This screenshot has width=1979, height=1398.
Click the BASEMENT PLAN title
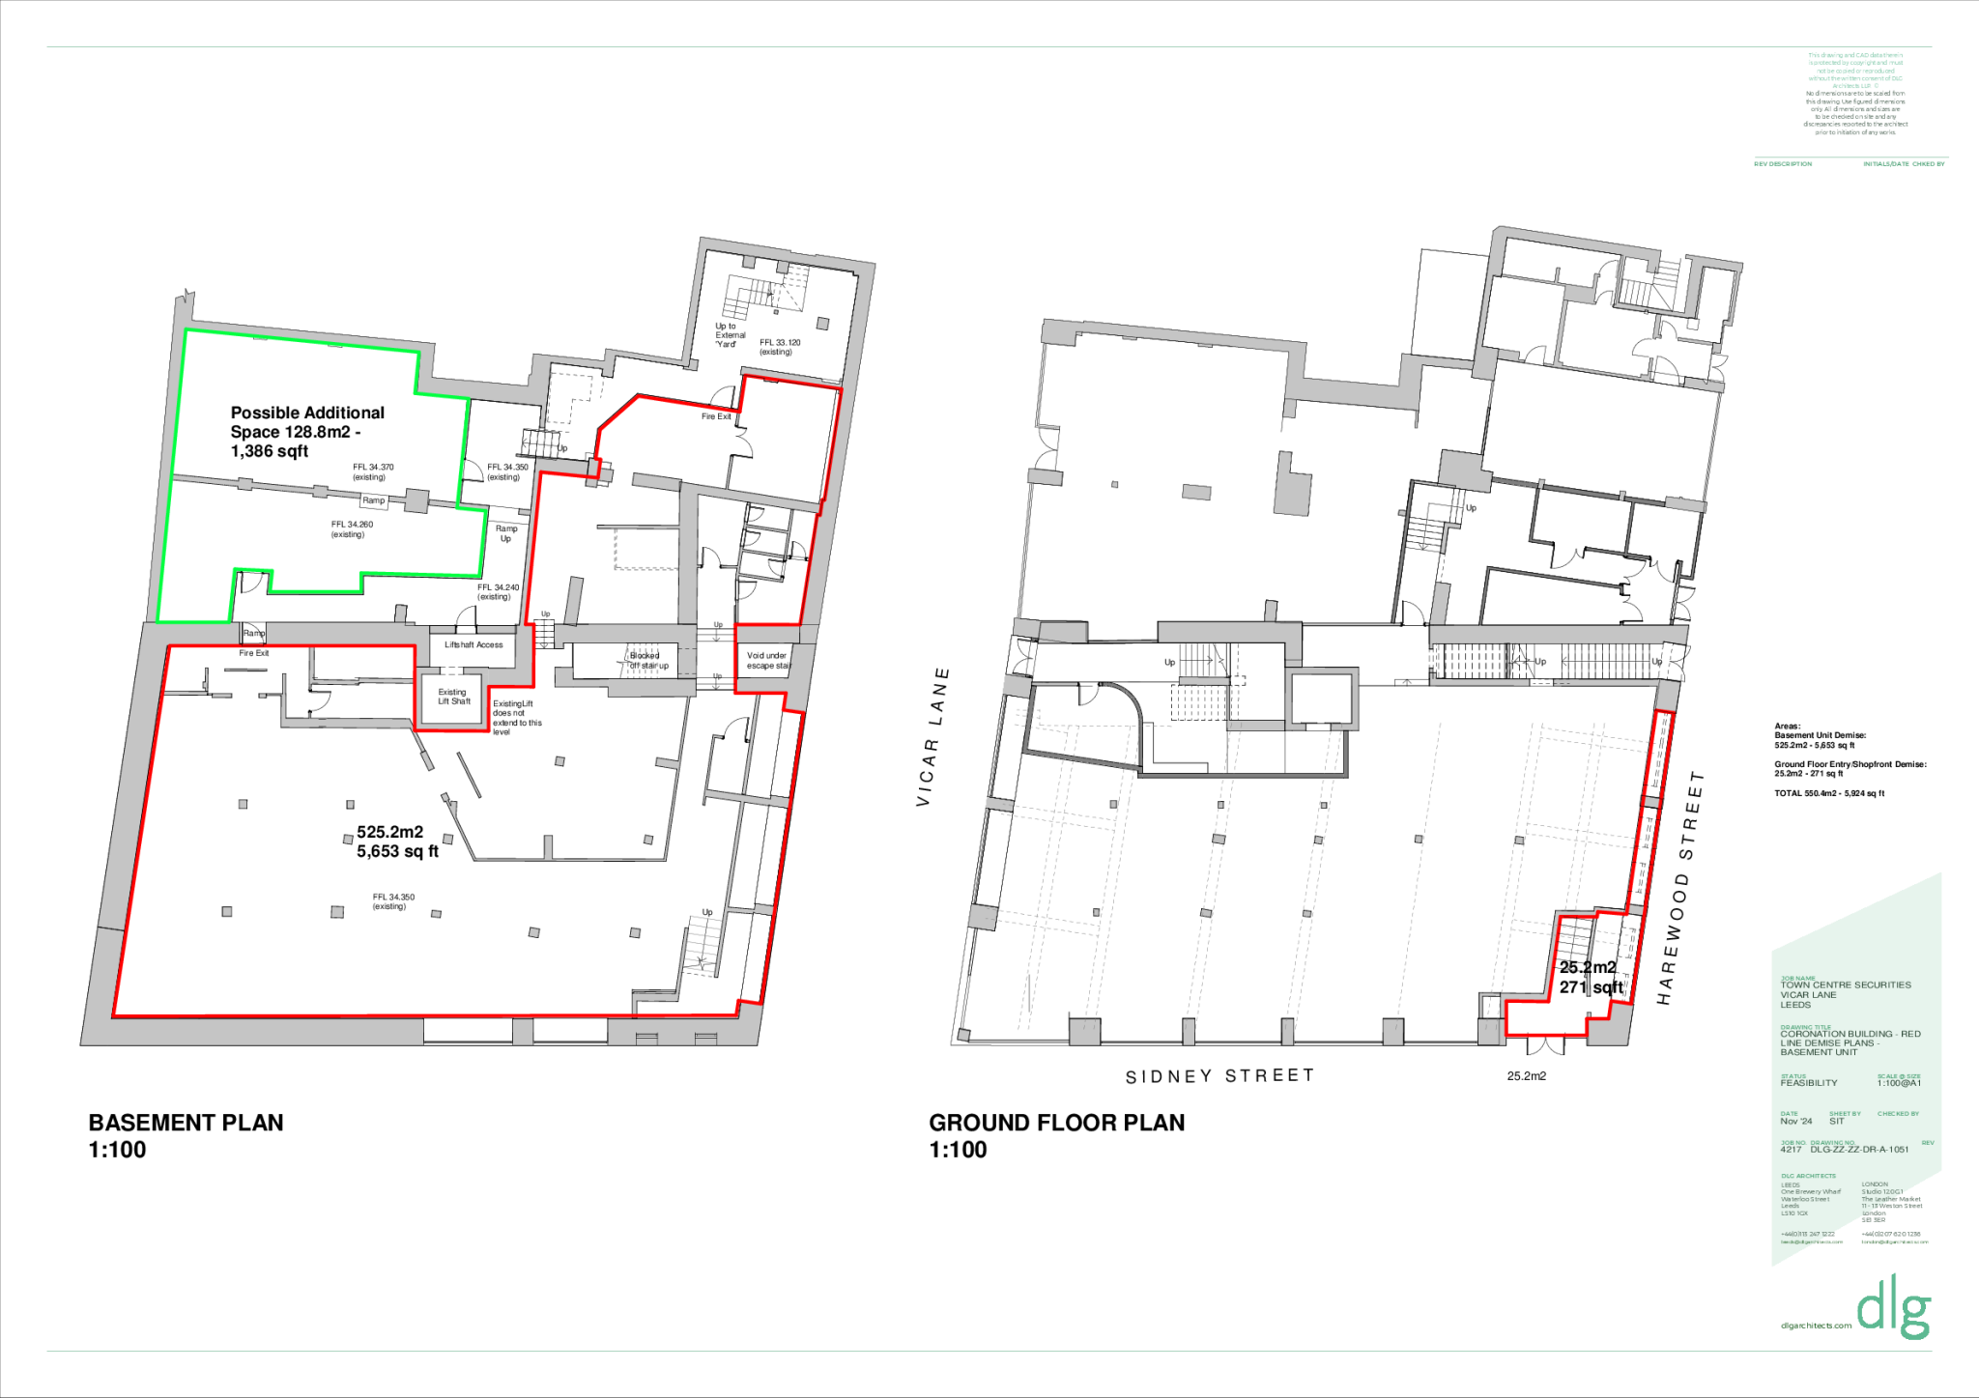[186, 1124]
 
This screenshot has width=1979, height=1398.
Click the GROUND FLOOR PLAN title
[1056, 1124]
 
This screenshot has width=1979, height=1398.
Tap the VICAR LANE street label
[932, 737]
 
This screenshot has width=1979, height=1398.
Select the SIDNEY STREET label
[1219, 1076]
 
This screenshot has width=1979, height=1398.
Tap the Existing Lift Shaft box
[453, 697]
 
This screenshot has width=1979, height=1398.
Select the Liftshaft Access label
[473, 644]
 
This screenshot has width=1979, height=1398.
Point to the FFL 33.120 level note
[779, 347]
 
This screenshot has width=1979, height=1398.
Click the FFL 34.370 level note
[372, 471]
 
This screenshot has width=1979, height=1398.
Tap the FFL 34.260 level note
[351, 529]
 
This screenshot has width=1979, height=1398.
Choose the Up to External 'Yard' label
[730, 335]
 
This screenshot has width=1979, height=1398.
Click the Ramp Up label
[506, 533]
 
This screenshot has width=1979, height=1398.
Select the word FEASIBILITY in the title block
[1809, 1083]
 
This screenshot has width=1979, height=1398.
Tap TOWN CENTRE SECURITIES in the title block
[1846, 985]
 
